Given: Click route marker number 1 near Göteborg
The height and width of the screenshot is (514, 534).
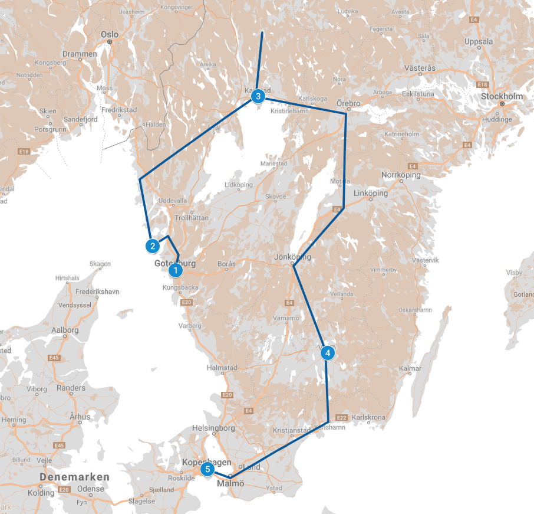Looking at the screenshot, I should pyautogui.click(x=176, y=271).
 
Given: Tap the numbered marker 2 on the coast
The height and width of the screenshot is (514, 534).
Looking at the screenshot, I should pyautogui.click(x=152, y=245).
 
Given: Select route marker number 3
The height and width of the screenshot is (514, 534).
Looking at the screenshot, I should pyautogui.click(x=258, y=96).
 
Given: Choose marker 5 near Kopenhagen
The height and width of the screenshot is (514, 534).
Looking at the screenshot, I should pyautogui.click(x=207, y=470).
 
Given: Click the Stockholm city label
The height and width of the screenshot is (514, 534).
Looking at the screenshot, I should pyautogui.click(x=502, y=96).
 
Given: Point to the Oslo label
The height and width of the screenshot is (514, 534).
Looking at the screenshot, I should pyautogui.click(x=110, y=34).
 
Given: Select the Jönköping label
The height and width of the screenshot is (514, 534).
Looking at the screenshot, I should pyautogui.click(x=292, y=257).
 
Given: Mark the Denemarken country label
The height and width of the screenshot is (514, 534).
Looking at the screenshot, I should pyautogui.click(x=75, y=476).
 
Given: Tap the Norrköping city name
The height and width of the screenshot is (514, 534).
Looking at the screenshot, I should pyautogui.click(x=401, y=175).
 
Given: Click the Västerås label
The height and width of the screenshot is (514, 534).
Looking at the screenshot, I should pyautogui.click(x=420, y=68).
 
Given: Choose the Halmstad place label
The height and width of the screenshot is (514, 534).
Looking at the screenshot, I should pyautogui.click(x=222, y=368).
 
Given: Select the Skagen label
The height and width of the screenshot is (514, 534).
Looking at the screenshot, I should pyautogui.click(x=100, y=264).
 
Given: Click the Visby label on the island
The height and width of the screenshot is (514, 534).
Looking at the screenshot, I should pyautogui.click(x=515, y=273).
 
